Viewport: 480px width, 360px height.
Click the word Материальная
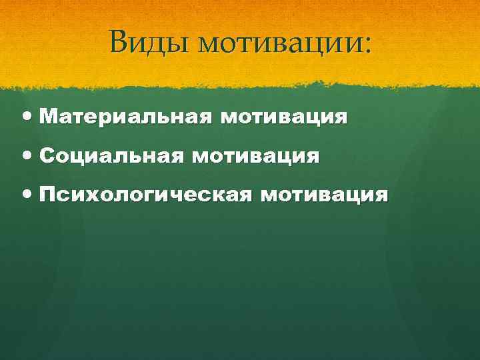[126, 118]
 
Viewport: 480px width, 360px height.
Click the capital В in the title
[119, 43]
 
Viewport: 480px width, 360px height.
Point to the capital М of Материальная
[48, 118]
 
